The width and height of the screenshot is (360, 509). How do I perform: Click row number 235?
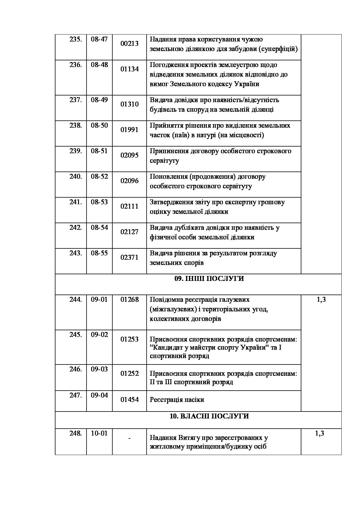(75, 39)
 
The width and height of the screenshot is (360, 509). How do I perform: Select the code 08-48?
(99, 65)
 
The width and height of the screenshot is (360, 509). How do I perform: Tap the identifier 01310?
(129, 104)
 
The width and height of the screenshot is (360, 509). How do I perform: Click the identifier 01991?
(129, 130)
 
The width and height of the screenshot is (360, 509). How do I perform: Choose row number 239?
(75, 151)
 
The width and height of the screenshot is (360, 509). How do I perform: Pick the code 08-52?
(99, 176)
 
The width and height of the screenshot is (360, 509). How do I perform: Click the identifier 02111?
(129, 206)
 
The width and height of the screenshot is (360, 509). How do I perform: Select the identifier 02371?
(129, 257)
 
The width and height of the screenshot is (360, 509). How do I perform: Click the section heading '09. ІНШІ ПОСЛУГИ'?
(209, 279)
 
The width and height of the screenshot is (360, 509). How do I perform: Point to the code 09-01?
(99, 299)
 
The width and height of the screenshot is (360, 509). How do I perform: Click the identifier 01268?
(129, 299)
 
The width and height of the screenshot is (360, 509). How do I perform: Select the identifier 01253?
(129, 339)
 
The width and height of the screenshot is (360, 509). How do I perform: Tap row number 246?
(75, 369)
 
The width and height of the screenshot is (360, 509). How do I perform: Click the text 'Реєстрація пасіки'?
(177, 400)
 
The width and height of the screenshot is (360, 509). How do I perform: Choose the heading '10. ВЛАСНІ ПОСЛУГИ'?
(209, 416)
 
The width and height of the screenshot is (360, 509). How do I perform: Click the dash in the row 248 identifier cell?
(129, 438)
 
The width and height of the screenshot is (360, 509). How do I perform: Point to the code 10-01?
(99, 433)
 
